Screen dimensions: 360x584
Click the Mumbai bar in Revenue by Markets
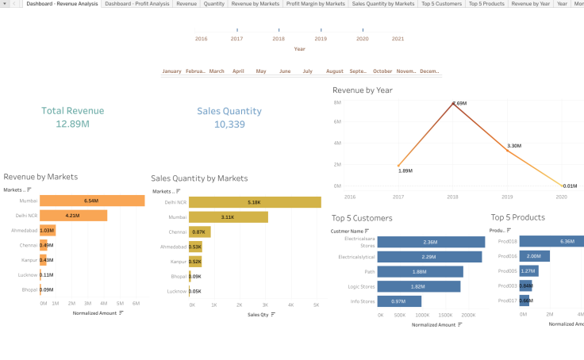click(91, 201)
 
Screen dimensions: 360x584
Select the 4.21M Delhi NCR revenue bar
click(73, 216)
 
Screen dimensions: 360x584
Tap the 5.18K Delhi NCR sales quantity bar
click(254, 202)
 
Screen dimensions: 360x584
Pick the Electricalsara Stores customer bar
click(431, 242)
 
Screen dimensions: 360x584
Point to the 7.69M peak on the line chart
click(453, 104)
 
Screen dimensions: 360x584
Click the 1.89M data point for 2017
click(399, 166)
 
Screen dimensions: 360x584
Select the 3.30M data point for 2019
click(507, 150)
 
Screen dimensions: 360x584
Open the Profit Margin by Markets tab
click(315, 4)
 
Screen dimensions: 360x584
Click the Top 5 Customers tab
click(441, 4)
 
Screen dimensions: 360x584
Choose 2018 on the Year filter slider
click(279, 38)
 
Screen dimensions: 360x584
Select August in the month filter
click(334, 71)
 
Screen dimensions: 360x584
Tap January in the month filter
click(171, 71)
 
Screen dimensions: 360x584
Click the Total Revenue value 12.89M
click(72, 124)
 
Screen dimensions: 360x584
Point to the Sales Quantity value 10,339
click(229, 124)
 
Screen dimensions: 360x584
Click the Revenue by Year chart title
click(362, 90)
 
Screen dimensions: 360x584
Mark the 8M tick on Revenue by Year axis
click(337, 103)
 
